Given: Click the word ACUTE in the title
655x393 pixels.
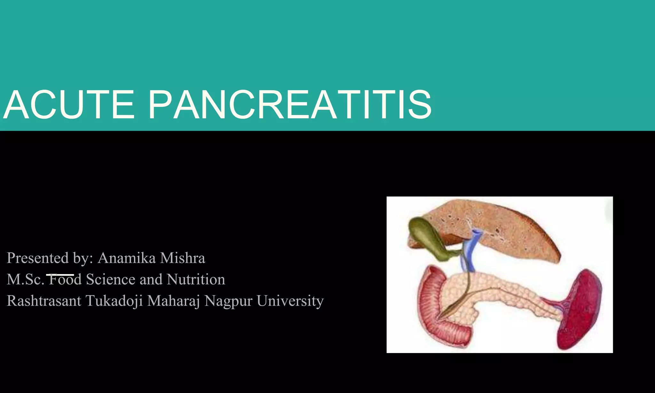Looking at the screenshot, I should point(69,105).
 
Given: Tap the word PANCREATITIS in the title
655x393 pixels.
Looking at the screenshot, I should point(290,105).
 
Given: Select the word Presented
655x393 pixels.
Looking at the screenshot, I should point(38,258).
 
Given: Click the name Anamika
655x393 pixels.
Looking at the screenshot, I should point(127,258).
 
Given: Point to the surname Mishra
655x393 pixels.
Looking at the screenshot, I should point(182,258).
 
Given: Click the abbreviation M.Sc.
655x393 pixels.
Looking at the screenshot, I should point(26,279).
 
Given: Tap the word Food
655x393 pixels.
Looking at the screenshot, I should point(65,279).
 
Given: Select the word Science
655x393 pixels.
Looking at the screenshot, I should point(111,279).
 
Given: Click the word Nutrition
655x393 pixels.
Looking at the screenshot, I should point(196,279).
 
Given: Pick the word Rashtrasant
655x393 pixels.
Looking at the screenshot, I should point(44,301).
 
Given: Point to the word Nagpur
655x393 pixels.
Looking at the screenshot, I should point(228,301).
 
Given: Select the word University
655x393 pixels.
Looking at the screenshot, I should point(290,301).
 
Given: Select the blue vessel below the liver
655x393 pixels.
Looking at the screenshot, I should point(470,253).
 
